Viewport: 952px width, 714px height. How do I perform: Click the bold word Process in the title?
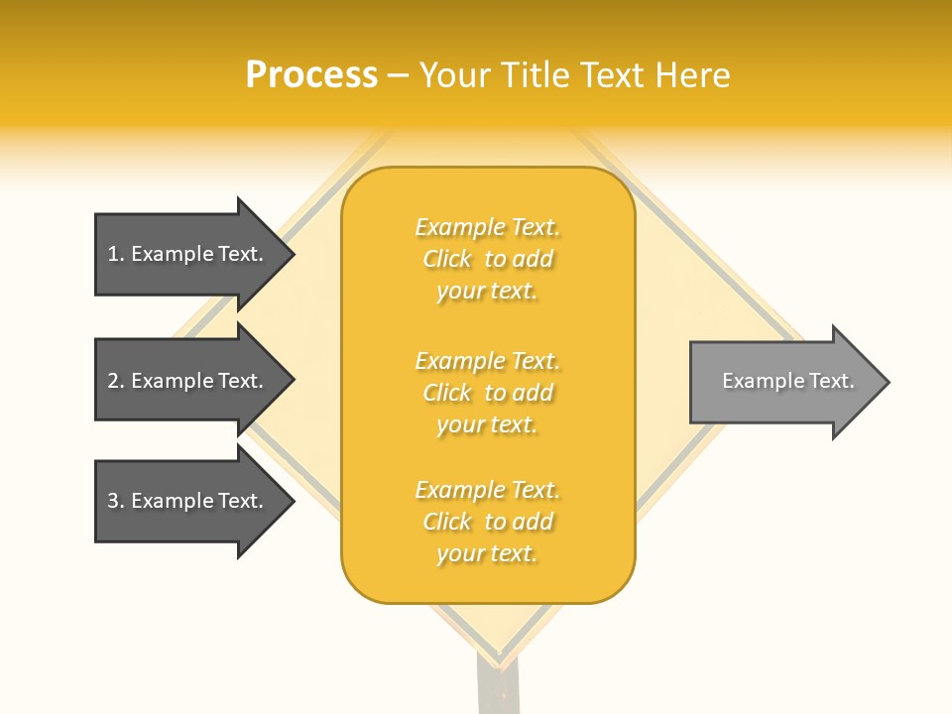point(311,75)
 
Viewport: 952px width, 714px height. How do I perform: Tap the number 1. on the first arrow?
point(116,254)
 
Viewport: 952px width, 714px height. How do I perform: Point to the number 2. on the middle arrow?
point(116,381)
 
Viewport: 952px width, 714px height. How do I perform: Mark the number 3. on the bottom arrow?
point(116,501)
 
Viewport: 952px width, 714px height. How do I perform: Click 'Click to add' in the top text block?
point(488,260)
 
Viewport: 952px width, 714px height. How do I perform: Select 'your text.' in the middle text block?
point(487,424)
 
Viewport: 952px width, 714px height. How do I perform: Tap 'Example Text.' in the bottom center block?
point(487,490)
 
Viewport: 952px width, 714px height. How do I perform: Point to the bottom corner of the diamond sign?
point(502,662)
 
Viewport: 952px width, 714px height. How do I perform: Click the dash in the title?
point(399,75)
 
